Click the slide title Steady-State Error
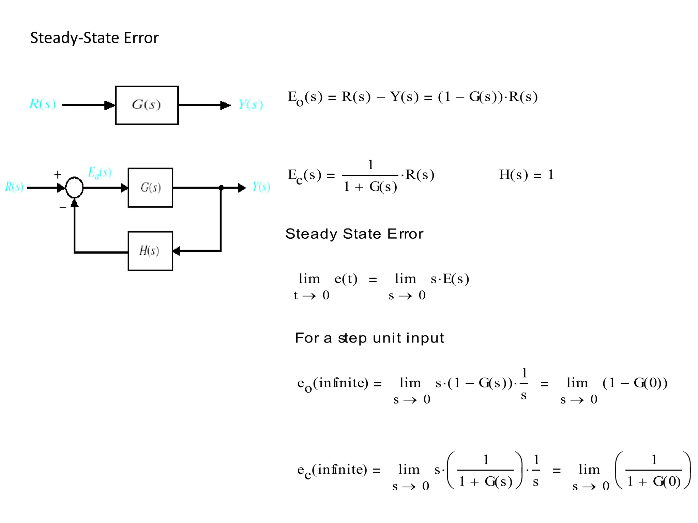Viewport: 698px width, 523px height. coord(94,38)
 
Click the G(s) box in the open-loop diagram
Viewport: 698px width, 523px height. coord(147,105)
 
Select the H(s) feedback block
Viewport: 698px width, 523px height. coord(150,251)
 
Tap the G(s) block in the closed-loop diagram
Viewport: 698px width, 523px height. coord(150,188)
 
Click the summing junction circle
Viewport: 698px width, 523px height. coord(74,188)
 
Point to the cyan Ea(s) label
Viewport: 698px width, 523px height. coord(100,173)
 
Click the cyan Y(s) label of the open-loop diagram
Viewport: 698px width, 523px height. coord(251,105)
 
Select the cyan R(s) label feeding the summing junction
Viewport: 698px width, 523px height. coord(14,187)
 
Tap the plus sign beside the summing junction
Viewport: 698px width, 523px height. coord(57,175)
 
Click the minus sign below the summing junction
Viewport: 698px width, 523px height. coord(63,207)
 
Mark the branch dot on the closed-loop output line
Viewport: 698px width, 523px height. coord(221,188)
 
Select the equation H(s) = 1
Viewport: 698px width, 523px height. coord(526,175)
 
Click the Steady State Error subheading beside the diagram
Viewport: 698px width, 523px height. coord(354,234)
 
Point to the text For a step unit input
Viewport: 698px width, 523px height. coord(369,338)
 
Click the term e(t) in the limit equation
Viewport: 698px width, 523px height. coord(346,279)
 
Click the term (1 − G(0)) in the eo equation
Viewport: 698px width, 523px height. coord(635,383)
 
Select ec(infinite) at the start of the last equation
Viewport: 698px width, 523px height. coord(332,470)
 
